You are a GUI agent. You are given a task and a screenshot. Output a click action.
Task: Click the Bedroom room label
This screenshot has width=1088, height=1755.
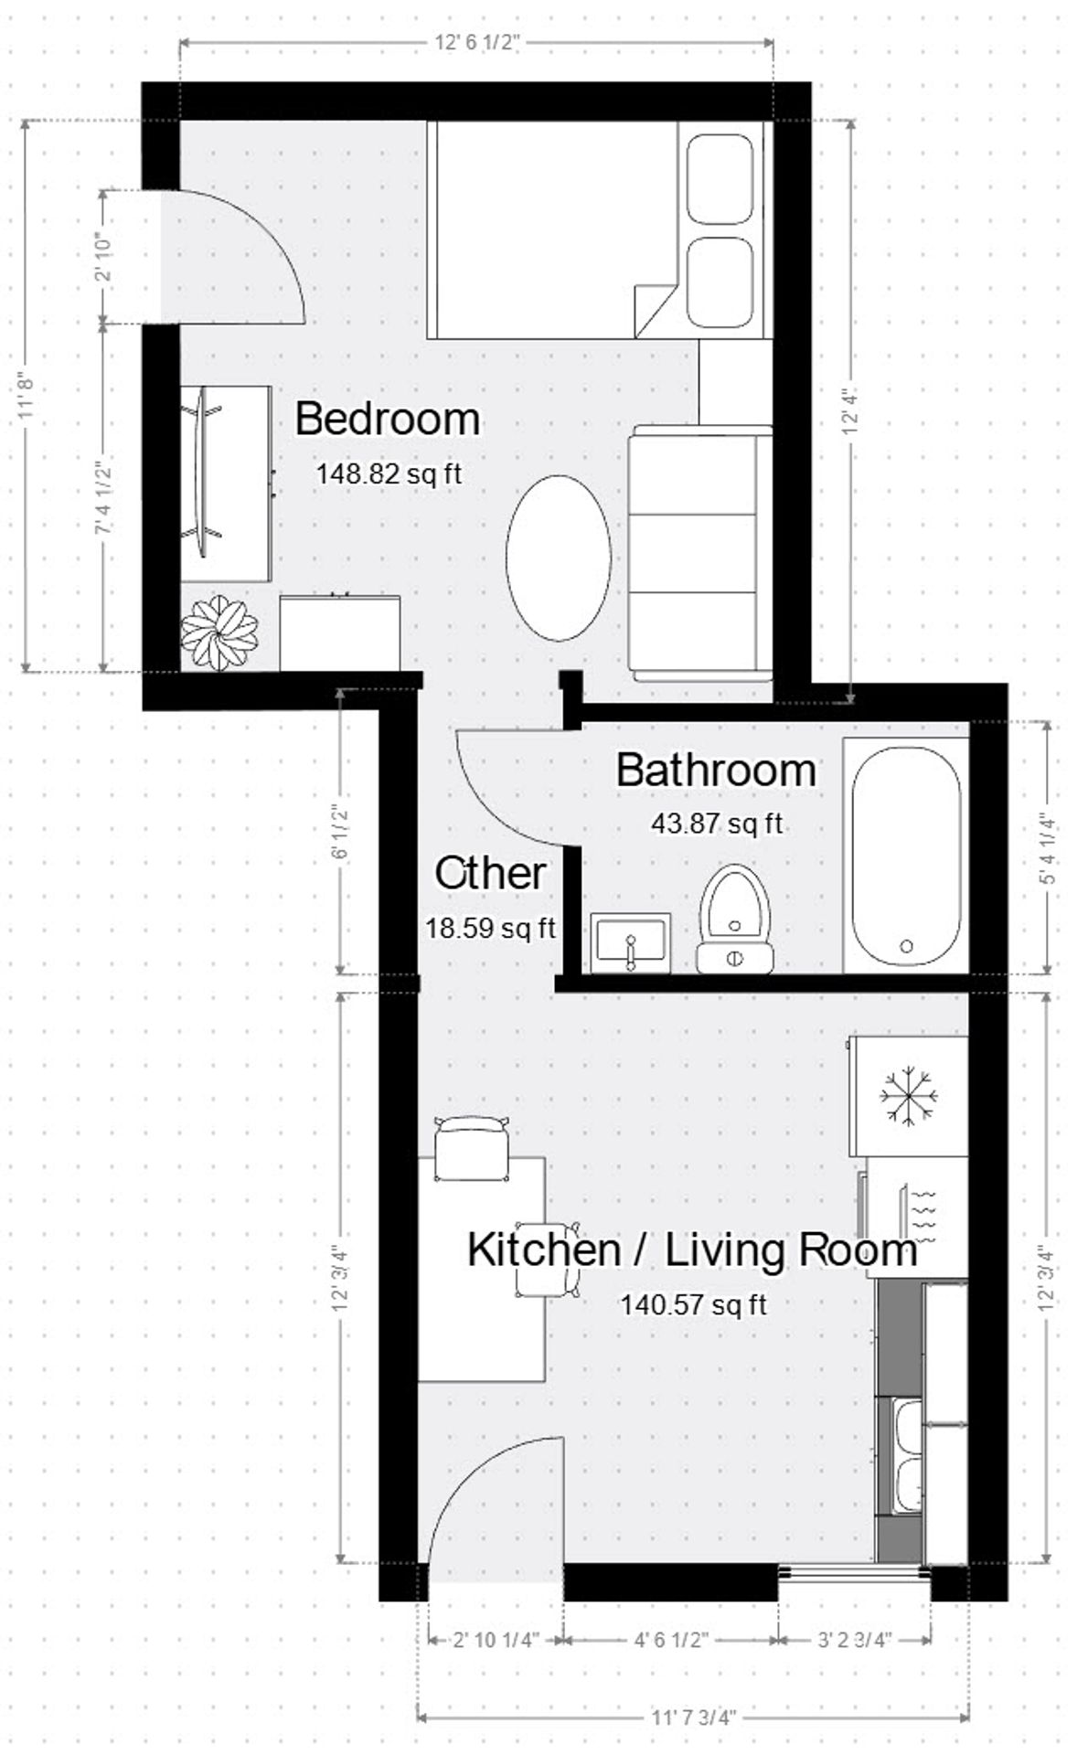(388, 420)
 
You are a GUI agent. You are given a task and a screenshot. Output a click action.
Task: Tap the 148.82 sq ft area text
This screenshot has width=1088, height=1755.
(389, 474)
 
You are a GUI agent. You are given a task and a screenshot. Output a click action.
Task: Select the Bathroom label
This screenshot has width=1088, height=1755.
(716, 771)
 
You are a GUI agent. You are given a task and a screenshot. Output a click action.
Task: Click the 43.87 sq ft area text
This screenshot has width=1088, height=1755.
(717, 824)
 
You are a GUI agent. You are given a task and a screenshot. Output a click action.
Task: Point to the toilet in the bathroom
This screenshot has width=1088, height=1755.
(735, 919)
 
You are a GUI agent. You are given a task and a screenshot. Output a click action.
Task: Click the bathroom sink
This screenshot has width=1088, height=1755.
(631, 942)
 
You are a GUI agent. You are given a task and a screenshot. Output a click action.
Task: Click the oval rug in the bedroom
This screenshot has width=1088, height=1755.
(558, 558)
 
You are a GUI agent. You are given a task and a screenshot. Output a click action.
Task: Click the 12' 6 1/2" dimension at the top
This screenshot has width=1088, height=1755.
(477, 42)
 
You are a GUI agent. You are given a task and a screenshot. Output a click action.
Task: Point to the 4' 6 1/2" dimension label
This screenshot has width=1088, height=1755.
(671, 1640)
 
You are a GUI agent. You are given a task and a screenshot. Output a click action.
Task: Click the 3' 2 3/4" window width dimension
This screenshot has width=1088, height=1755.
(854, 1640)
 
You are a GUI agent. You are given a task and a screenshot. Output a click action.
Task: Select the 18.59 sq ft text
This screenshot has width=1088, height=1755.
(490, 929)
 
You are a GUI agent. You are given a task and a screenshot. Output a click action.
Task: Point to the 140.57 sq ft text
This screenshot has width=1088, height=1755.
(693, 1304)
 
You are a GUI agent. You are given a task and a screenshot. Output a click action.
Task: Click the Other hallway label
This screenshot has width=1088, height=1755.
(490, 875)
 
